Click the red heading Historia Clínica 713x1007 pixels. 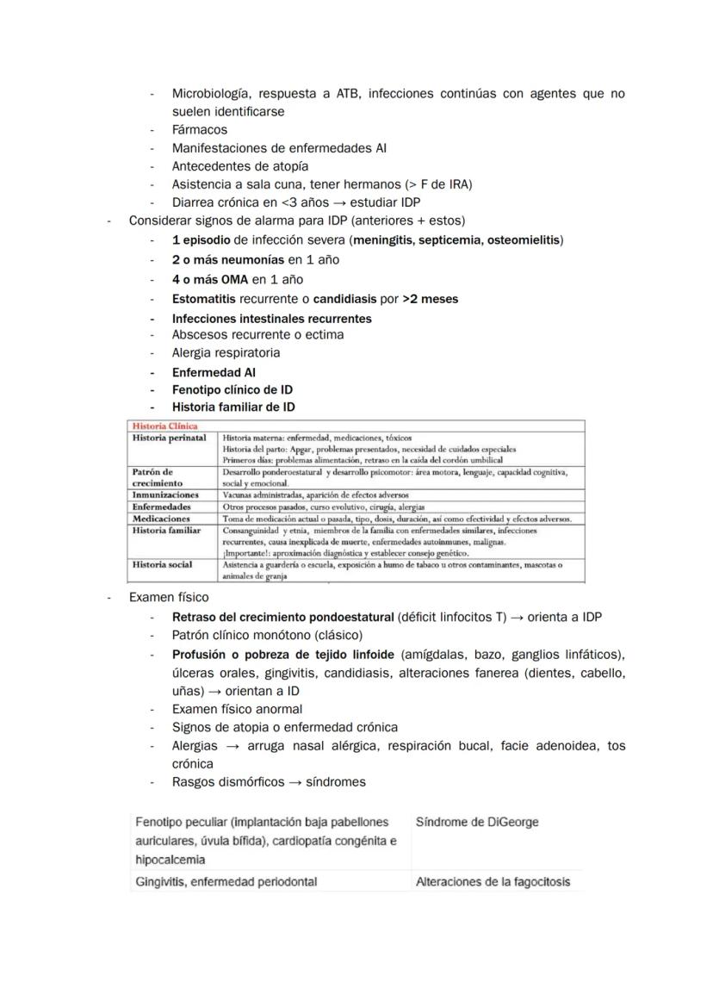pyautogui.click(x=164, y=426)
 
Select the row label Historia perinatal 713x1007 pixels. pyautogui.click(x=169, y=438)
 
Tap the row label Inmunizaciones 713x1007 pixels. pyautogui.click(x=165, y=495)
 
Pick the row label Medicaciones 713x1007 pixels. pyautogui.click(x=161, y=519)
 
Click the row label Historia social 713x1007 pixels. pyautogui.click(x=162, y=565)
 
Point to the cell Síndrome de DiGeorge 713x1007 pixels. pyautogui.click(x=476, y=822)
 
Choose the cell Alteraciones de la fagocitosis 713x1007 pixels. pyautogui.click(x=493, y=881)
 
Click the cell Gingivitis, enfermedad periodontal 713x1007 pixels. pyautogui.click(x=226, y=881)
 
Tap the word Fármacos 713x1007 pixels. pyautogui.click(x=199, y=129)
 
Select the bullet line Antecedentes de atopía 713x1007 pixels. pyautogui.click(x=239, y=165)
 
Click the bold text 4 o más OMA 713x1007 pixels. pyautogui.click(x=209, y=279)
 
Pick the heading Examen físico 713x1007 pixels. pyautogui.click(x=168, y=597)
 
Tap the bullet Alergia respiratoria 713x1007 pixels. pyautogui.click(x=226, y=352)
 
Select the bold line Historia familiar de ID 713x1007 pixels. pyautogui.click(x=232, y=407)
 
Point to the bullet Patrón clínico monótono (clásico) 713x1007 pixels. pyautogui.click(x=267, y=635)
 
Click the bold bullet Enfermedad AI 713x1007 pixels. pyautogui.click(x=213, y=372)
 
